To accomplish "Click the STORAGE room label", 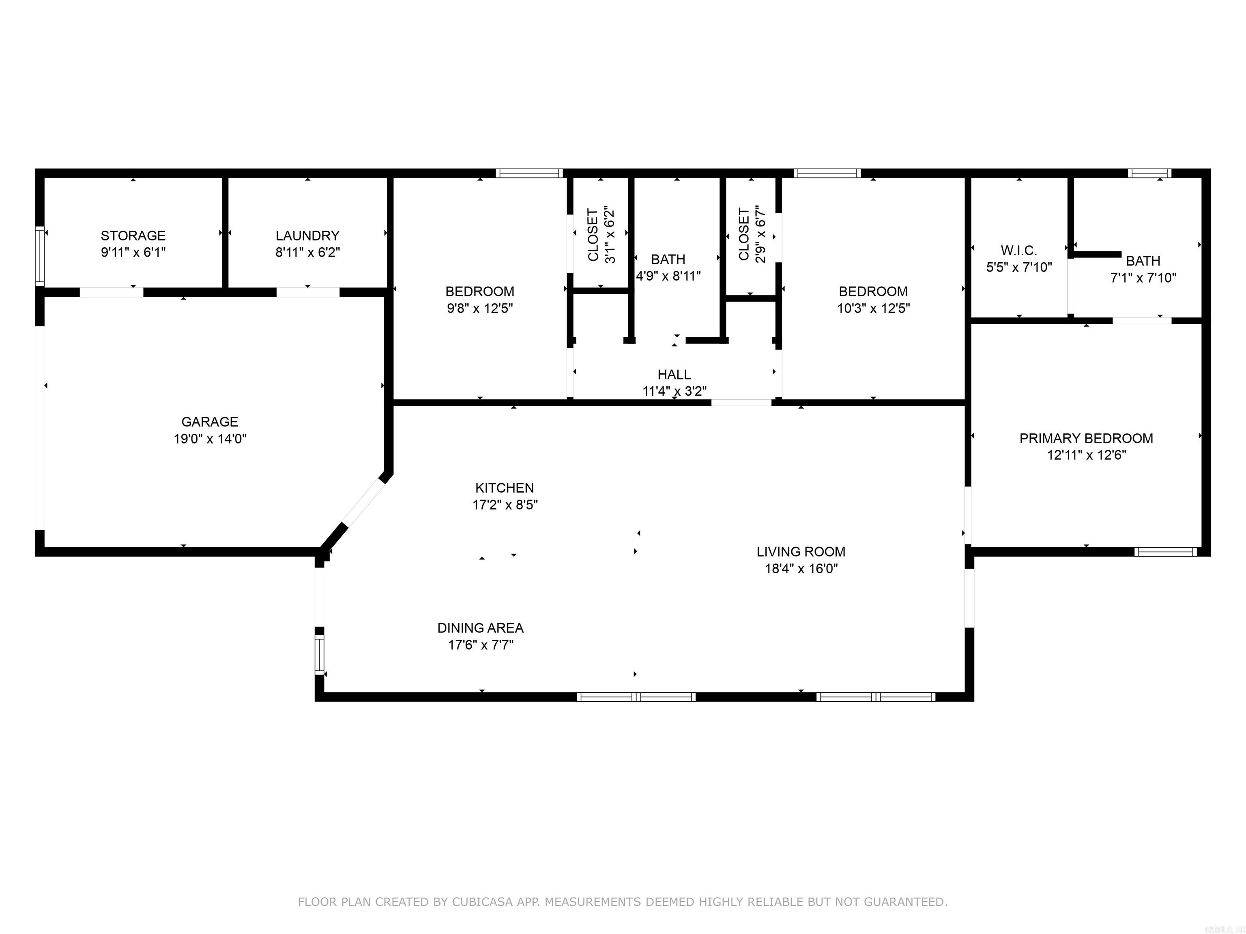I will click(133, 236).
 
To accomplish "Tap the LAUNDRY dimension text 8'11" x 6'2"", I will click(307, 252).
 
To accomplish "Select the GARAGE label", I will click(210, 422).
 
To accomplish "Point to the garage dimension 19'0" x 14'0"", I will click(210, 439).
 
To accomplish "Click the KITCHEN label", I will click(504, 488).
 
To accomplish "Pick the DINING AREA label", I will click(481, 628).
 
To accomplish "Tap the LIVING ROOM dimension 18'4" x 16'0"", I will click(801, 569).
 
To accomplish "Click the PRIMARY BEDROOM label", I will click(1086, 438).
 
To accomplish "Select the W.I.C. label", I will click(1019, 251).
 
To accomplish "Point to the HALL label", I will click(674, 375).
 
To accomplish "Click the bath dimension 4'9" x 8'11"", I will click(668, 276).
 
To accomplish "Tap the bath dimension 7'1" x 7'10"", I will click(1143, 278).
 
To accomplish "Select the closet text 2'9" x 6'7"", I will click(760, 234).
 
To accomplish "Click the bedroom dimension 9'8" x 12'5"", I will click(480, 308).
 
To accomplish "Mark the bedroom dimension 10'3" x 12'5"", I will click(873, 308).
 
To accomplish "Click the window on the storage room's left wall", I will click(39, 256).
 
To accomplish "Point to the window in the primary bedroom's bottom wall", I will click(1165, 552).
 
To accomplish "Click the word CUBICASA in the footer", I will click(482, 902).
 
